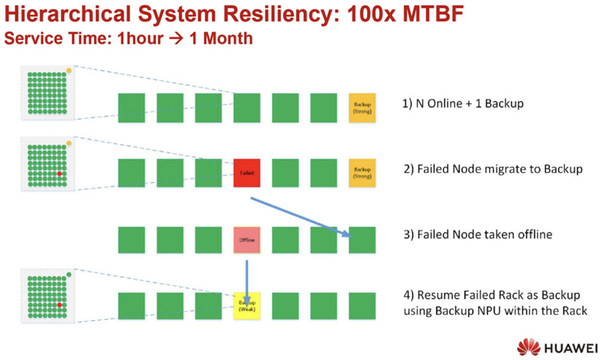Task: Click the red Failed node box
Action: click(247, 172)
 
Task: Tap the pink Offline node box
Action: click(247, 240)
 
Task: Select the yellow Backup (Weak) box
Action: click(247, 306)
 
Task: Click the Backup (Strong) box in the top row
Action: click(362, 108)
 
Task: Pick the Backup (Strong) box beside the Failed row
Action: click(362, 172)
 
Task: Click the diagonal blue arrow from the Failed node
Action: click(302, 216)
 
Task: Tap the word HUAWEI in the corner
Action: click(568, 348)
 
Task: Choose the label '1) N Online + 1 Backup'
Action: click(463, 103)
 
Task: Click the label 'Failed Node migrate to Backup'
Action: click(500, 169)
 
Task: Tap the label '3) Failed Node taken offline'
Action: click(477, 234)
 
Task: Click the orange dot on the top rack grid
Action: click(69, 71)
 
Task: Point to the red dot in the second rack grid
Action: click(59, 173)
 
